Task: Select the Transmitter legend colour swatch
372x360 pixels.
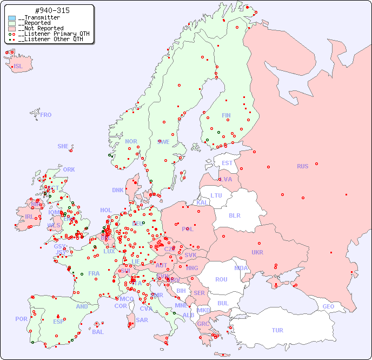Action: pyautogui.click(x=12, y=18)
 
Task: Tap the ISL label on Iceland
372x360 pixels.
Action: pyautogui.click(x=18, y=67)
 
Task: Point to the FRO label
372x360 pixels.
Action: pyautogui.click(x=46, y=115)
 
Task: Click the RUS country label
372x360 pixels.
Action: pyautogui.click(x=302, y=166)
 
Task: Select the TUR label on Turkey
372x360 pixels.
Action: pyautogui.click(x=277, y=330)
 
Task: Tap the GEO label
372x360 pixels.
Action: pyautogui.click(x=328, y=306)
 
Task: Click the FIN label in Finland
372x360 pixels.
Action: pyautogui.click(x=226, y=115)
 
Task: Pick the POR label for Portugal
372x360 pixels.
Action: pyautogui.click(x=21, y=319)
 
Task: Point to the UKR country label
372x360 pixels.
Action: pyautogui.click(x=257, y=252)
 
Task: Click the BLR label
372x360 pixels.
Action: pyautogui.click(x=234, y=215)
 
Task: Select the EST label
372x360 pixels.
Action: pyautogui.click(x=227, y=163)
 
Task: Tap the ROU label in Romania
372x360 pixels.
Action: pyautogui.click(x=221, y=279)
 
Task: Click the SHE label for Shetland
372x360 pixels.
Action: pyautogui.click(x=63, y=146)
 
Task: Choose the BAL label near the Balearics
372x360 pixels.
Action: pyautogui.click(x=97, y=332)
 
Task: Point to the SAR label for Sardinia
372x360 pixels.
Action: pyautogui.click(x=142, y=320)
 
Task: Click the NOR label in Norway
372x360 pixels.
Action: pyautogui.click(x=131, y=141)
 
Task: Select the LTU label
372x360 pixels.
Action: pyautogui.click(x=216, y=195)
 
